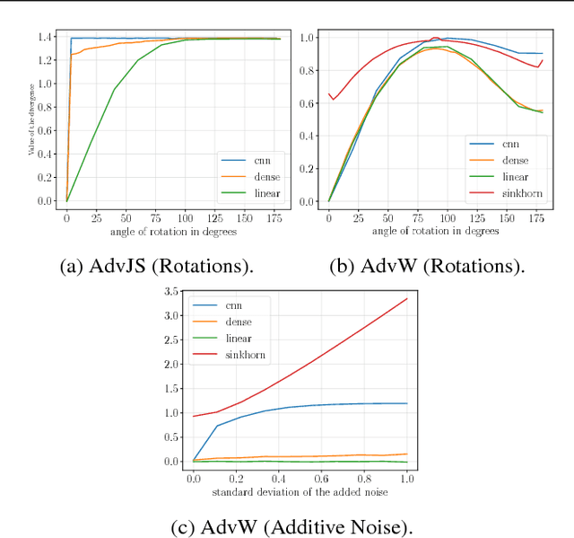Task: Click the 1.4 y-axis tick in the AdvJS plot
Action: pyautogui.click(x=47, y=38)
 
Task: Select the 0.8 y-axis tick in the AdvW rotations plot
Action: pyautogui.click(x=309, y=70)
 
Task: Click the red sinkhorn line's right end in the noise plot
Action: pyautogui.click(x=407, y=299)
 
